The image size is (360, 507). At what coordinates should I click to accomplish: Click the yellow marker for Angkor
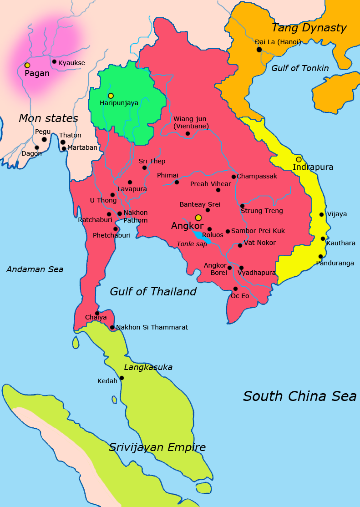pos(198,218)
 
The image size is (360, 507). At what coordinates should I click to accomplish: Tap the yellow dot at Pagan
pos(27,66)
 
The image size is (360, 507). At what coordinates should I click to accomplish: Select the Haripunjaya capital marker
pos(111,96)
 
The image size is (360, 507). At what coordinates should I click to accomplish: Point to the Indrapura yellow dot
pos(299,159)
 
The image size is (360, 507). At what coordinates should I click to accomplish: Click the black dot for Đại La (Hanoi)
pos(259,49)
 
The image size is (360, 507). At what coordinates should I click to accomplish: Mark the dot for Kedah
pos(122,378)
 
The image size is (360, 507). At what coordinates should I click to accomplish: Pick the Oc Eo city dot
pos(235,289)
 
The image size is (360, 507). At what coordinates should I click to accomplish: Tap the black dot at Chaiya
pos(97,313)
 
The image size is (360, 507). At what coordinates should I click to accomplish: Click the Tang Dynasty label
pos(309,28)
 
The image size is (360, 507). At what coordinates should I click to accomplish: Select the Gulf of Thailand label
pos(153,291)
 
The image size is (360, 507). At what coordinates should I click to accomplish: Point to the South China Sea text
pos(299,396)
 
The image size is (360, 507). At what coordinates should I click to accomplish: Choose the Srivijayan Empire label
pos(157,447)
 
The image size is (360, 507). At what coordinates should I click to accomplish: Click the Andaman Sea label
pos(35,269)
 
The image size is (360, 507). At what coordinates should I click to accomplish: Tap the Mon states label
pos(48,118)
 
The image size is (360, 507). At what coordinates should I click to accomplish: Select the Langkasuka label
pos(148,367)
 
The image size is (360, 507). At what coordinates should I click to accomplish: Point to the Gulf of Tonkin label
pos(300,68)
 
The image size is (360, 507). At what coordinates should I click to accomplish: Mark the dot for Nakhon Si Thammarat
pos(112,327)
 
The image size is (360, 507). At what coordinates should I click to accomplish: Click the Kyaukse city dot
pos(54,61)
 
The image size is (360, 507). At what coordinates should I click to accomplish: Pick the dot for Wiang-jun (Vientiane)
pos(188,133)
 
